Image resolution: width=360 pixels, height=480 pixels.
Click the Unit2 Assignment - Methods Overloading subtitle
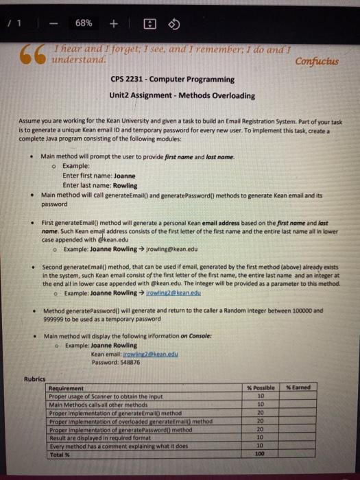182,95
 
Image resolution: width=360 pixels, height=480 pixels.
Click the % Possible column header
260,388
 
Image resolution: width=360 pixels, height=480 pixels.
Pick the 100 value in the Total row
260,453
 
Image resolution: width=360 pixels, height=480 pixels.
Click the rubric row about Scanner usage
110,396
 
